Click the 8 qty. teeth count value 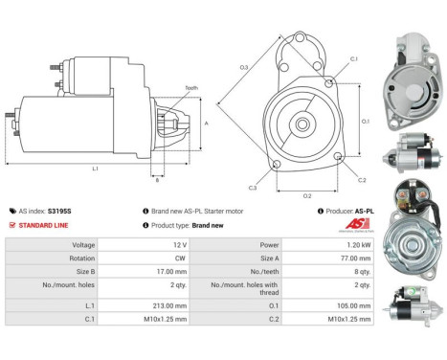coord(362,270)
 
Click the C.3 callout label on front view coord(252,187)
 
